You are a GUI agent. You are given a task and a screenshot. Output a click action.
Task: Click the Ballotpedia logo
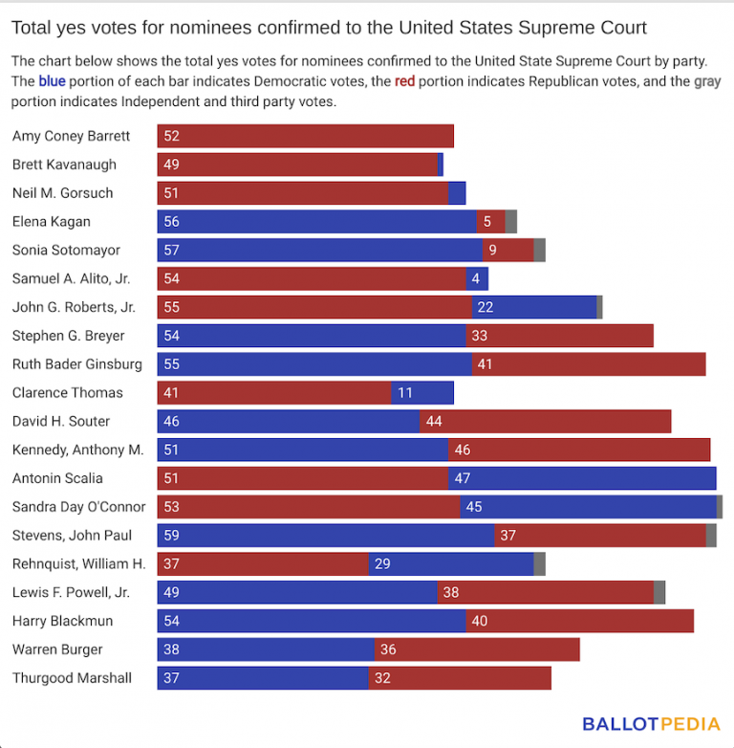coord(645,724)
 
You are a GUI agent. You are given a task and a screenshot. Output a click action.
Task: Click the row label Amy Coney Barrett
coord(71,136)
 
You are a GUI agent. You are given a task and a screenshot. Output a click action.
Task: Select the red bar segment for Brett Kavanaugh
coord(297,165)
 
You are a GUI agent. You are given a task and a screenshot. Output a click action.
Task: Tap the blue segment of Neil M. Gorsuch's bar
coord(457,193)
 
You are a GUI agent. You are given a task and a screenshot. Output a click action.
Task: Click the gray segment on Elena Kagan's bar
coord(511,222)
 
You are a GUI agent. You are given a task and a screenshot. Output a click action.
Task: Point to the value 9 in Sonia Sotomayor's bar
coord(492,251)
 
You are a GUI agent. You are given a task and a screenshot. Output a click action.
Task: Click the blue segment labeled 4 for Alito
coord(477,279)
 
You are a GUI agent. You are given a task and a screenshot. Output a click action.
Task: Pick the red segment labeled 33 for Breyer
coord(559,336)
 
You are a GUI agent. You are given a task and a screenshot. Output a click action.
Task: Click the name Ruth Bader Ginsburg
coord(76,364)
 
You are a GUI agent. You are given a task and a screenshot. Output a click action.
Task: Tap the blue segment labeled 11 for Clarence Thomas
coord(422,393)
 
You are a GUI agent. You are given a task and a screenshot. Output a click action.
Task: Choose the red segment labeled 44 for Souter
coord(545,421)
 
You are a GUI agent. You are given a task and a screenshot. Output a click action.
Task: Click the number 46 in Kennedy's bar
coord(463,450)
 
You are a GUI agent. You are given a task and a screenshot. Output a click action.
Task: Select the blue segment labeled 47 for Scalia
coord(582,478)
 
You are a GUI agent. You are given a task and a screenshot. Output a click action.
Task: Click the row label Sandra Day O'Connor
coord(78,507)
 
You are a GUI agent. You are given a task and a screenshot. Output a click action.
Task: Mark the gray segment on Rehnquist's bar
coord(540,564)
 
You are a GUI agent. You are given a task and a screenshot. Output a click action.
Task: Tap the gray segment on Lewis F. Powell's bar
coord(659,592)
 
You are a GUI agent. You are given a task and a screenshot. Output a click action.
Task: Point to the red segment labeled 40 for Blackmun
coord(579,621)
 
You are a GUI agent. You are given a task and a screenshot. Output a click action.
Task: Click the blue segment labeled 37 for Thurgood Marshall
coord(263,678)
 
